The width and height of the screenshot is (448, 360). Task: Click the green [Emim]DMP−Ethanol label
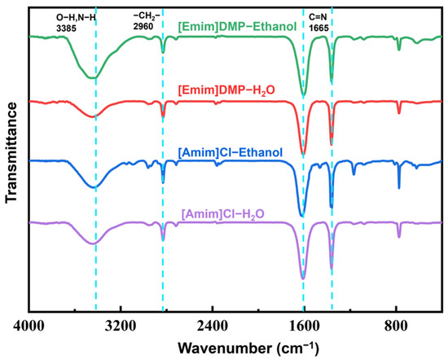[x=237, y=27]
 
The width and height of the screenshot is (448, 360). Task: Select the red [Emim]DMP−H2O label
[x=226, y=90]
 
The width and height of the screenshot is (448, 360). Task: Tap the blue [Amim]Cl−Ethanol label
[x=231, y=152]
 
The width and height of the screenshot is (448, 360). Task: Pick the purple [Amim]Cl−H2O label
[x=223, y=214]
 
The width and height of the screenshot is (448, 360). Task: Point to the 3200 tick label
[x=121, y=326]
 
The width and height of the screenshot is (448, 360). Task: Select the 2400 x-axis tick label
[x=213, y=326]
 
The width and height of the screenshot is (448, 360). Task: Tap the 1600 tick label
[x=304, y=326]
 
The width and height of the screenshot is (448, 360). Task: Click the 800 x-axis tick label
[x=396, y=326]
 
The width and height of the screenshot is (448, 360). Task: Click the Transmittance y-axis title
[x=12, y=153]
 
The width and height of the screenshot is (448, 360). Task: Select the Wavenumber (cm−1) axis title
[x=248, y=349]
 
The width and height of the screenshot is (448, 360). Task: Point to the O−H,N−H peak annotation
[x=76, y=18]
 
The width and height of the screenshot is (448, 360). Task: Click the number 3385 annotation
[x=66, y=29]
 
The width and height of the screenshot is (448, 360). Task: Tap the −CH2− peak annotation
[x=147, y=16]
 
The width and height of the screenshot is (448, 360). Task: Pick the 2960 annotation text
[x=143, y=26]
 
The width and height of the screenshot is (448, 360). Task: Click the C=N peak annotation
[x=318, y=17]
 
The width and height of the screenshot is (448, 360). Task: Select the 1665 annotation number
[x=318, y=28]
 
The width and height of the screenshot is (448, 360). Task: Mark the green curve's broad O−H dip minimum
[x=92, y=77]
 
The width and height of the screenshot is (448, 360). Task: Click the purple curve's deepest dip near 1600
[x=303, y=278]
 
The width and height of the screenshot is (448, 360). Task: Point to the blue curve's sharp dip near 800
[x=399, y=187]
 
